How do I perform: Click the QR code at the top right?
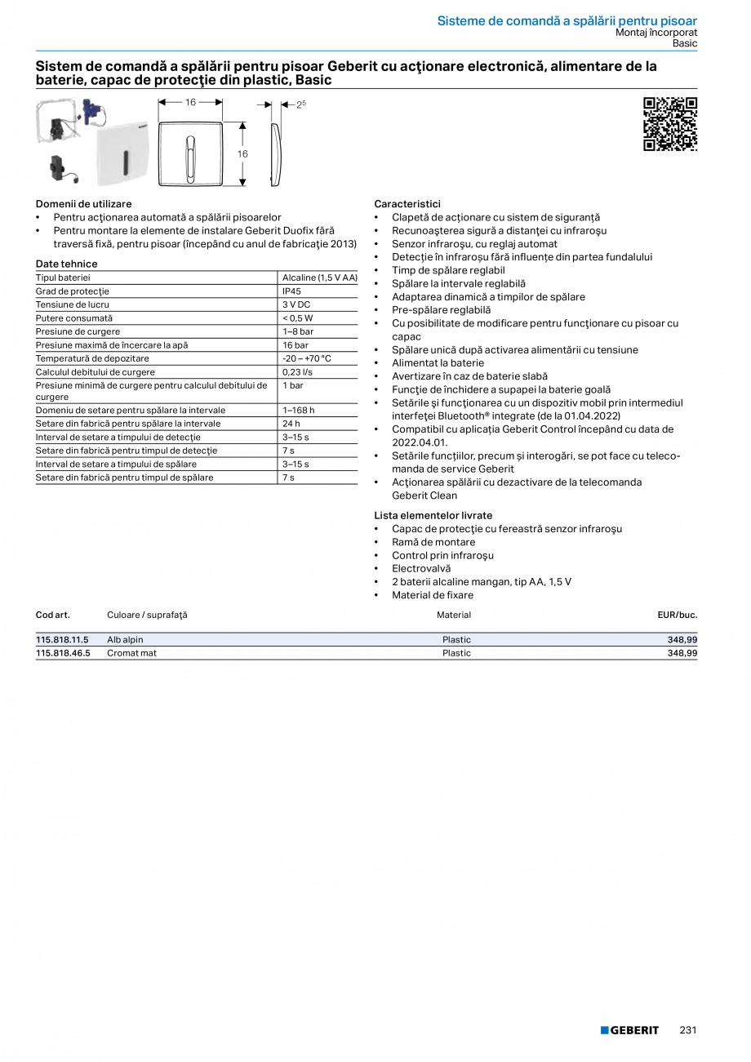pyautogui.click(x=670, y=124)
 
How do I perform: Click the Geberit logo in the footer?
pyautogui.click(x=629, y=1030)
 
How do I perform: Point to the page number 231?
pyautogui.click(x=688, y=1030)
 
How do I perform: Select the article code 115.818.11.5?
pyautogui.click(x=62, y=640)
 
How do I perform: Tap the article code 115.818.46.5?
pyautogui.click(x=62, y=653)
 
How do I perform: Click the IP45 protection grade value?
pyautogui.click(x=291, y=291)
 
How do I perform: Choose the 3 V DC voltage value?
pyautogui.click(x=296, y=304)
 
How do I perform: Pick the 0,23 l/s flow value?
pyautogui.click(x=297, y=371)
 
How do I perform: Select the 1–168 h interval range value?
pyautogui.click(x=298, y=411)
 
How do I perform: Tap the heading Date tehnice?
pyautogui.click(x=66, y=264)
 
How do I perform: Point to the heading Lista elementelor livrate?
pyautogui.click(x=433, y=515)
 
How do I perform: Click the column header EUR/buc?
pyautogui.click(x=677, y=615)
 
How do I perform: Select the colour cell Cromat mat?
pyautogui.click(x=131, y=653)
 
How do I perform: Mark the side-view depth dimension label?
pyautogui.click(x=301, y=104)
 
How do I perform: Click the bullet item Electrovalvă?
pyautogui.click(x=420, y=568)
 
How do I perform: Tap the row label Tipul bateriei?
pyautogui.click(x=63, y=278)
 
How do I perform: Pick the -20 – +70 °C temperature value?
pyautogui.click(x=307, y=358)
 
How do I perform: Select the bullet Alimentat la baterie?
pyautogui.click(x=438, y=363)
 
